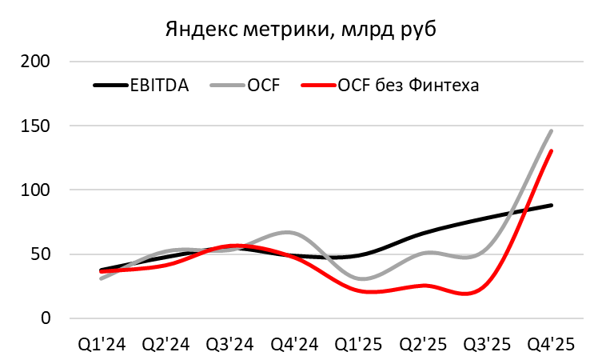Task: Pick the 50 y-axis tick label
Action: (41, 254)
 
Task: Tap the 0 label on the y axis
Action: (46, 318)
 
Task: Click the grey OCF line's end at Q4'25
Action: (552, 130)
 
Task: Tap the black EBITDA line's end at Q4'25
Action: (552, 206)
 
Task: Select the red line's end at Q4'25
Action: (552, 151)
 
